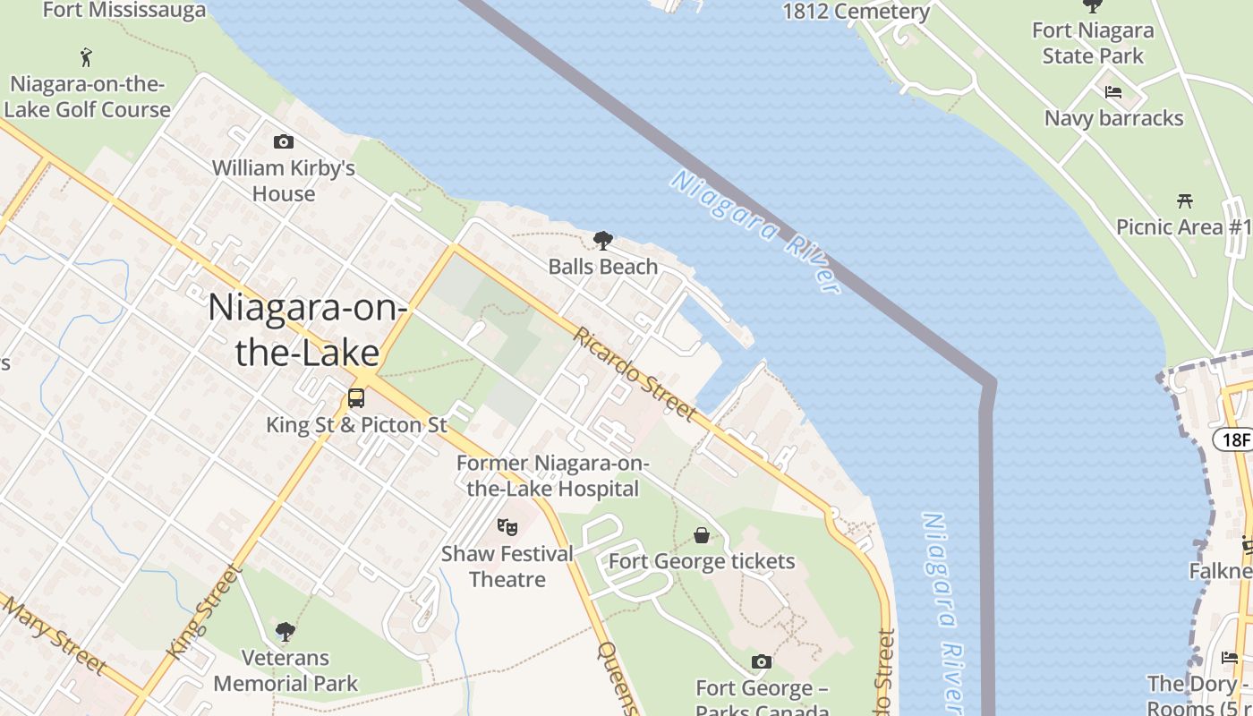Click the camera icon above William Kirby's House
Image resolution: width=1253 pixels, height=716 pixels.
284,142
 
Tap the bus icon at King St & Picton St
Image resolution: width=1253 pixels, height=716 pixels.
356,398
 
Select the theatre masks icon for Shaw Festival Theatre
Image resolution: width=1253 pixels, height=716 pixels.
507,527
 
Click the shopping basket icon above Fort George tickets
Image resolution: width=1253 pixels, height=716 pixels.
702,535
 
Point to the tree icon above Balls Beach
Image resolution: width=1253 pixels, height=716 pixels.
603,240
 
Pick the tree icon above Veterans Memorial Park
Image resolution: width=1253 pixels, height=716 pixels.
286,632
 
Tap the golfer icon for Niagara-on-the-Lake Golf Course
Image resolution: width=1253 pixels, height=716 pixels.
86,58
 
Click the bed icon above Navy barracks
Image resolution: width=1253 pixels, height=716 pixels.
1113,92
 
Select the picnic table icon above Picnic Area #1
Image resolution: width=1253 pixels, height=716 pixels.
1185,200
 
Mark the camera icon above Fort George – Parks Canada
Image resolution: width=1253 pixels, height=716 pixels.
762,661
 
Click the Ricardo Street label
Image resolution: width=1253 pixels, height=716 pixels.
634,373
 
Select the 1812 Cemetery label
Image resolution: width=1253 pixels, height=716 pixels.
857,12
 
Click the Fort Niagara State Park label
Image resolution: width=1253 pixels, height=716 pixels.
1093,43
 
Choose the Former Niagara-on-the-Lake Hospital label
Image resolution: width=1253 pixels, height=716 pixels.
552,476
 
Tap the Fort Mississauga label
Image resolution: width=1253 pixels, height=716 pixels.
124,11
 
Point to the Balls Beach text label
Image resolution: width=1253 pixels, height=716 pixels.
603,267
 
